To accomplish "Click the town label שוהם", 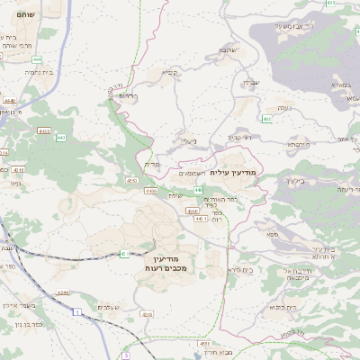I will pyautogui.click(x=22, y=15).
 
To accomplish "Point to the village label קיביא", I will pyautogui.click(x=167, y=72).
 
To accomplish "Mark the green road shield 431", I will pyautogui.click(x=123, y=254).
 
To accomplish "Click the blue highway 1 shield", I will pyautogui.click(x=79, y=311).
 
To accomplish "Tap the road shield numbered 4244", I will pyautogui.click(x=63, y=292).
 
